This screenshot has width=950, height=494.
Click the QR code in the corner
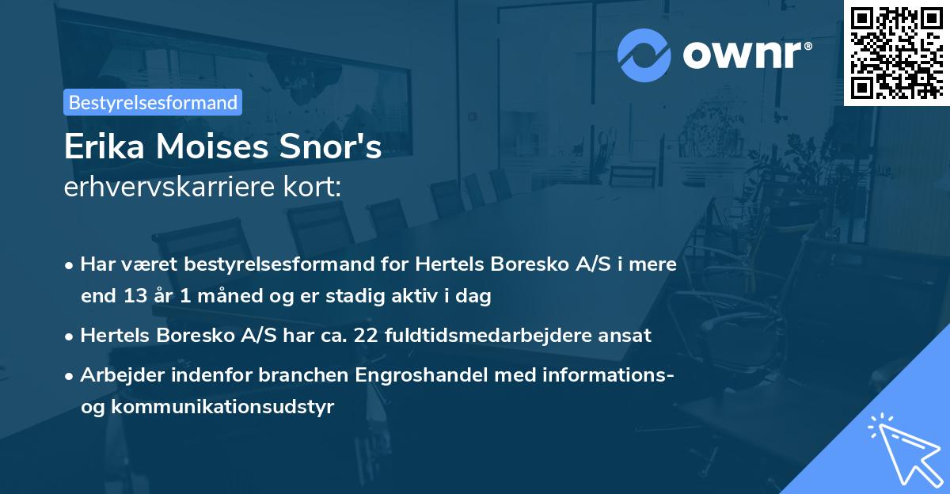pos(896,52)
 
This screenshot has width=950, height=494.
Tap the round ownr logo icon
pos(644,55)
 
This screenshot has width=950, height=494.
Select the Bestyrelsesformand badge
pos(153,102)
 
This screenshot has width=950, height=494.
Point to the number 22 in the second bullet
pos(367,335)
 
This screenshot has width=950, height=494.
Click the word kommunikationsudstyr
pos(223,407)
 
